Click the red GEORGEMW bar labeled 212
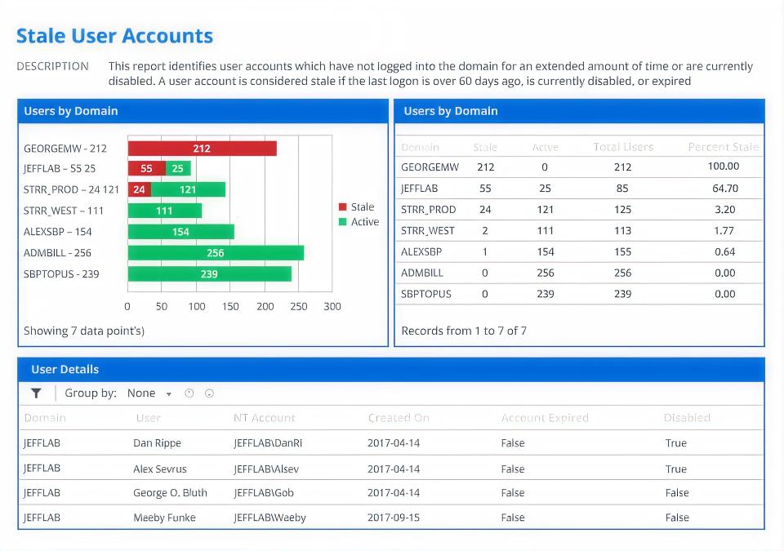(202, 149)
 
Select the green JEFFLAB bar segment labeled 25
(178, 169)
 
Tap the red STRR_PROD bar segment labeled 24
(139, 189)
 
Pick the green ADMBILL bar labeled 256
(216, 253)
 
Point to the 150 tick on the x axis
(231, 307)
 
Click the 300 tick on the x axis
(332, 307)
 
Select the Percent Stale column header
(723, 148)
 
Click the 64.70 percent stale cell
(725, 189)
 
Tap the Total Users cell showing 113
(622, 231)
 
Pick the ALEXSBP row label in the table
(421, 252)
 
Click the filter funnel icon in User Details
(36, 393)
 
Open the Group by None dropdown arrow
(169, 394)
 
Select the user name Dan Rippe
(157, 443)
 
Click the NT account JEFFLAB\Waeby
(269, 518)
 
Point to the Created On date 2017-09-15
(394, 518)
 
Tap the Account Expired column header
(545, 418)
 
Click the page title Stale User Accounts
(114, 36)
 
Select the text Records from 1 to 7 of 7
(464, 331)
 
